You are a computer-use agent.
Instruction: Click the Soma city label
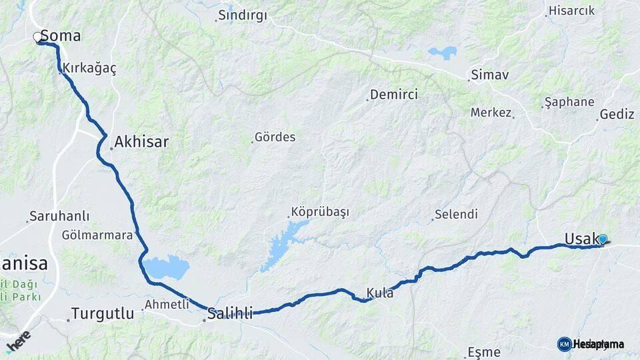(x=61, y=36)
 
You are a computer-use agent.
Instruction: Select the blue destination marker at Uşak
(x=603, y=239)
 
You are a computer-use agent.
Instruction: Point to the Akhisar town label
(x=141, y=141)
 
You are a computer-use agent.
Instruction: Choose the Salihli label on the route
(x=230, y=313)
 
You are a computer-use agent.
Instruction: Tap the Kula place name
(x=380, y=293)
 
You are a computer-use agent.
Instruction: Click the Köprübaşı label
(x=320, y=212)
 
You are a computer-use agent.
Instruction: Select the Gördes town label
(x=275, y=137)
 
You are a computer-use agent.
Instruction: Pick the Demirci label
(x=395, y=95)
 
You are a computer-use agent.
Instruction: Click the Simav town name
(x=491, y=75)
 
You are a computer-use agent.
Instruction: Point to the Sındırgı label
(x=243, y=15)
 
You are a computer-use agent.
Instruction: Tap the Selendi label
(x=456, y=215)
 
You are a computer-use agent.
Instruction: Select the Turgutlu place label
(x=103, y=313)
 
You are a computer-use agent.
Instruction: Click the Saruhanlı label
(x=60, y=217)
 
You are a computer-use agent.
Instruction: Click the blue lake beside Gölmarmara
(x=167, y=267)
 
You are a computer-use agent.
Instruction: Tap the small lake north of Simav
(x=443, y=52)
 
